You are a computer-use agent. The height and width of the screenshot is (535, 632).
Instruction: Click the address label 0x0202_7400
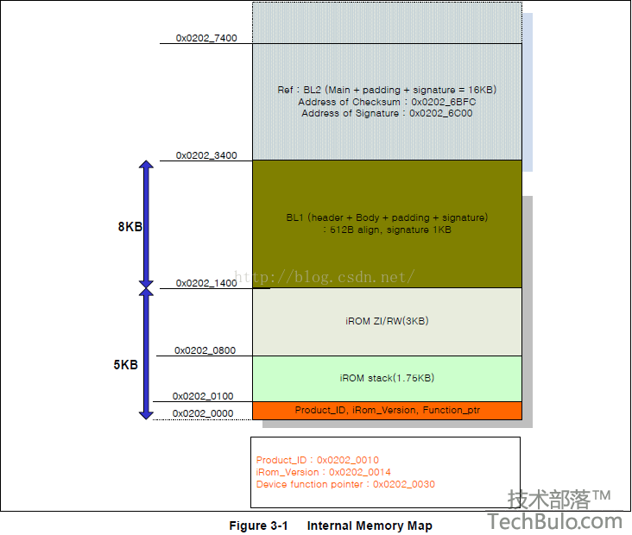206,38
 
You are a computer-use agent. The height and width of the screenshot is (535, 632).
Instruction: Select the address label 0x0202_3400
206,155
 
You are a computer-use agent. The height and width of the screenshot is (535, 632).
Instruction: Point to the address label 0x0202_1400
206,283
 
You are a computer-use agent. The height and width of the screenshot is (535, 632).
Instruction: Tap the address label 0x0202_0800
205,350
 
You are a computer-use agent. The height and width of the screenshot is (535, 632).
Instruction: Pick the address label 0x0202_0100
203,396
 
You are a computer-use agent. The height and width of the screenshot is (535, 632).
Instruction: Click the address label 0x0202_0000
203,413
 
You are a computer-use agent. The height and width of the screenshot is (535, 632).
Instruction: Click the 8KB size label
130,227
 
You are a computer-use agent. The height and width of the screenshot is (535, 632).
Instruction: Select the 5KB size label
126,365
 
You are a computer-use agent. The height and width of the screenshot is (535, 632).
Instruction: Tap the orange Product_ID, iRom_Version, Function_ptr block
387,411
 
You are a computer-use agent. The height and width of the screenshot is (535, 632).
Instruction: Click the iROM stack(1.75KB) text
387,378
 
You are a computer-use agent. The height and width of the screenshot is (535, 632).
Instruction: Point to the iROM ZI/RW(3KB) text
387,321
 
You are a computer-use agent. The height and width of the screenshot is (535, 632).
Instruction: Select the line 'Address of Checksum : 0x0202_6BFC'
387,102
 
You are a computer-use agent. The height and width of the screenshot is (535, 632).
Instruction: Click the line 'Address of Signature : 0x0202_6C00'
387,113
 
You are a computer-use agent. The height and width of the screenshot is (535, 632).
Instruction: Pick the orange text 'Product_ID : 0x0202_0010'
318,460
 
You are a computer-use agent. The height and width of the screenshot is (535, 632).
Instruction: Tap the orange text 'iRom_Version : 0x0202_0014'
324,472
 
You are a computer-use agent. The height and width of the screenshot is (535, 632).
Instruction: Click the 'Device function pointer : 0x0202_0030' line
346,484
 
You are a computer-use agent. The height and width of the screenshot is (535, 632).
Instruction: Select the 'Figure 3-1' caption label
258,526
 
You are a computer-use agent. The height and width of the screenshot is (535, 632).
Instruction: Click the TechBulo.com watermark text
555,522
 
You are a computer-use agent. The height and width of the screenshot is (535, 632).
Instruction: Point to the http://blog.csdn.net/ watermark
324,277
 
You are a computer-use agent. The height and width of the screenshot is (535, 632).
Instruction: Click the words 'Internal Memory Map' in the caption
370,526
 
